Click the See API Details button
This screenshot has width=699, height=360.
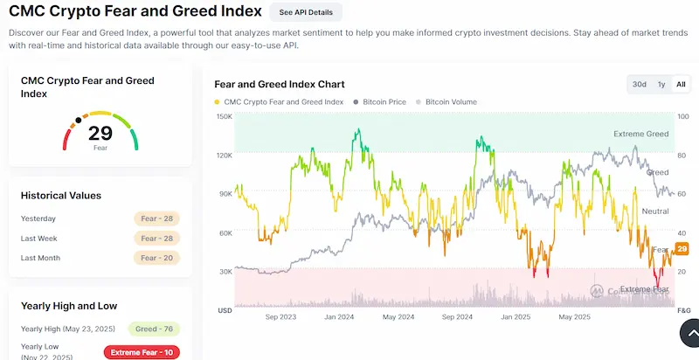(306, 12)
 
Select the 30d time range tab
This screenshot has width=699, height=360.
(640, 85)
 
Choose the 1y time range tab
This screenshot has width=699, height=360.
(661, 85)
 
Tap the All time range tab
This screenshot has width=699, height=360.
(681, 85)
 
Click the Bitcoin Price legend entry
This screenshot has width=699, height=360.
(379, 102)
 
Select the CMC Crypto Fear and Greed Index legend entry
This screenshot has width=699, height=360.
(279, 102)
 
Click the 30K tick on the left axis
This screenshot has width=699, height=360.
(225, 272)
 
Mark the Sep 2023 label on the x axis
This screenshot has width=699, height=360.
(279, 317)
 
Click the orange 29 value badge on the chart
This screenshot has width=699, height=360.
(682, 250)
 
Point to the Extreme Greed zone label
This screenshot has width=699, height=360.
(640, 135)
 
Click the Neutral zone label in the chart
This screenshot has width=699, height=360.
(654, 211)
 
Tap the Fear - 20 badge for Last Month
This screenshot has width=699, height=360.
(157, 258)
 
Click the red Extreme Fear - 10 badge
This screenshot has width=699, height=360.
(142, 352)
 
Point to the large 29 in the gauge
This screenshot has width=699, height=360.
(100, 133)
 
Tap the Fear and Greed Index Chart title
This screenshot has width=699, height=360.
(280, 85)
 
